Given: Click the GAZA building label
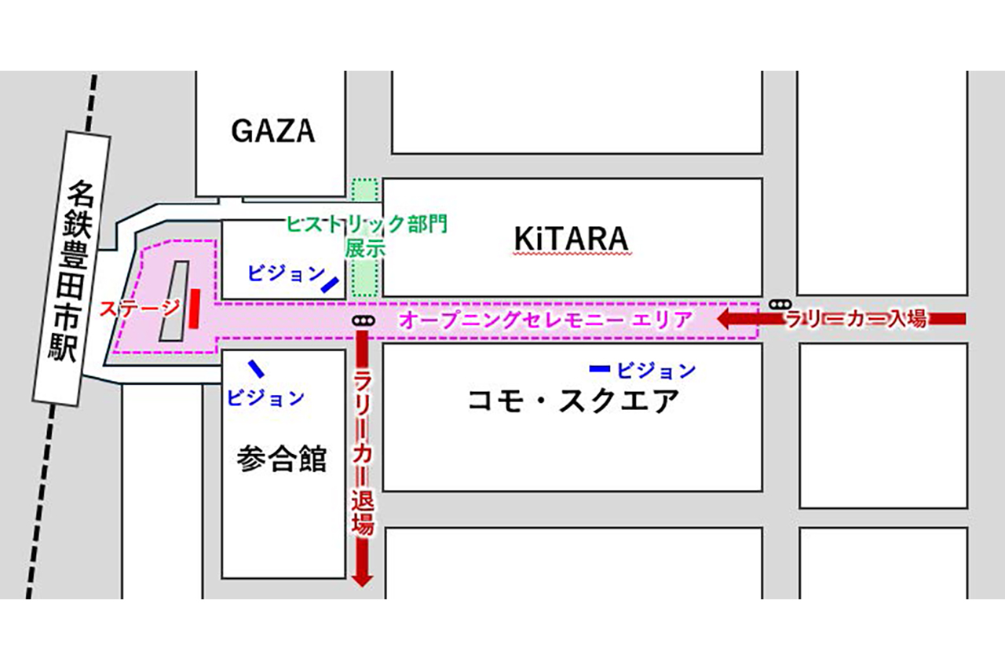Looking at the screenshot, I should pyautogui.click(x=272, y=130).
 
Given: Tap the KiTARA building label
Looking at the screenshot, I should pyautogui.click(x=572, y=239).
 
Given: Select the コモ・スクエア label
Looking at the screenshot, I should pyautogui.click(x=573, y=401).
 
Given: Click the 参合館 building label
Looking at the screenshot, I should pyautogui.click(x=281, y=459).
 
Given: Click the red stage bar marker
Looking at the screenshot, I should pyautogui.click(x=194, y=308).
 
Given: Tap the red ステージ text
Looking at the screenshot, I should pyautogui.click(x=139, y=308).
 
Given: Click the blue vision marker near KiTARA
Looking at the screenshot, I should pyautogui.click(x=330, y=284).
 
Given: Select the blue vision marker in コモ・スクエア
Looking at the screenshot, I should pyautogui.click(x=600, y=368).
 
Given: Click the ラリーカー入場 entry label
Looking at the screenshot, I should pyautogui.click(x=857, y=319).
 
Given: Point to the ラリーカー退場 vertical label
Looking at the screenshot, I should pyautogui.click(x=363, y=456).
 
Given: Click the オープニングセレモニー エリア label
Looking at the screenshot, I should pyautogui.click(x=546, y=320).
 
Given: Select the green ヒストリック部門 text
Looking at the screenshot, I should pyautogui.click(x=367, y=225).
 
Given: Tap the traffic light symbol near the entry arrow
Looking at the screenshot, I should pyautogui.click(x=780, y=304).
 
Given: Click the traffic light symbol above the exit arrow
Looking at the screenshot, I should pyautogui.click(x=362, y=320).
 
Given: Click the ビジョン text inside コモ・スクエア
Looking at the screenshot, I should pyautogui.click(x=656, y=369).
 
